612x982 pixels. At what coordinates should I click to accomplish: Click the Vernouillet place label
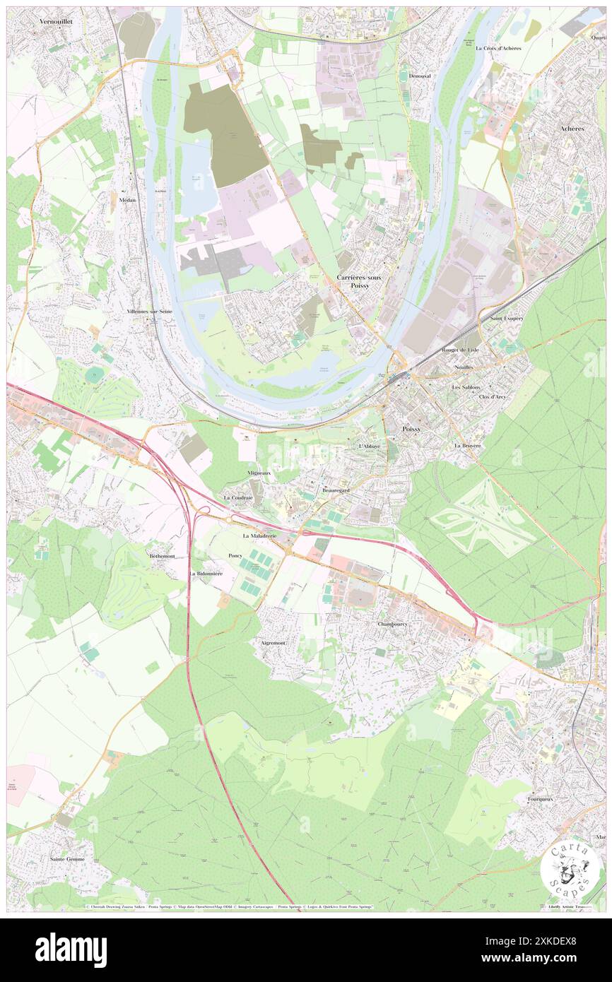(x=56, y=22)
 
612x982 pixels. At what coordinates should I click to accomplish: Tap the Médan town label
(x=128, y=200)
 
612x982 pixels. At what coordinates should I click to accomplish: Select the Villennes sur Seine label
(x=150, y=312)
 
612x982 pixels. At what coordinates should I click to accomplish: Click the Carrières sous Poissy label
(x=359, y=282)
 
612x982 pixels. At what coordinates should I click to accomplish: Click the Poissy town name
(x=411, y=429)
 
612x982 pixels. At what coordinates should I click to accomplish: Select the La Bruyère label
(x=468, y=446)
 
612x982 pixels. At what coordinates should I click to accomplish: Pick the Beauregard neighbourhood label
(x=336, y=490)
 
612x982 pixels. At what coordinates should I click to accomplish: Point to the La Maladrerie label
(x=259, y=536)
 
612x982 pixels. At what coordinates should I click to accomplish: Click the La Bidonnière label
(x=206, y=574)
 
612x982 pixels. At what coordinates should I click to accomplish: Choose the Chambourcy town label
(x=393, y=625)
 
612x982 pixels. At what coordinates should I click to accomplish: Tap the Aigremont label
(x=273, y=644)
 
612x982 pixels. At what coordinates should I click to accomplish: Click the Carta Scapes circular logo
(x=571, y=867)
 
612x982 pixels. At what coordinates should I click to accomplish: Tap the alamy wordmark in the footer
(x=71, y=950)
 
